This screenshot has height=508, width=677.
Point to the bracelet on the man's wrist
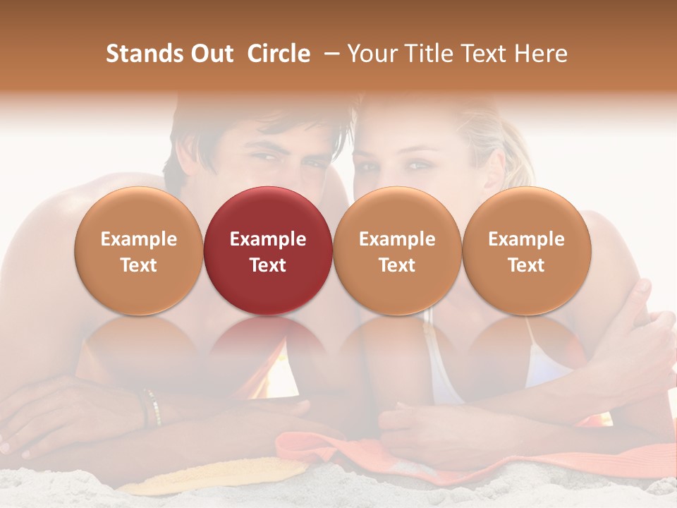pyautogui.click(x=151, y=407)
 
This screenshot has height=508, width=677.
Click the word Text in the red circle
pyautogui.click(x=268, y=265)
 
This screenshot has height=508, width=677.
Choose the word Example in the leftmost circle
pyautogui.click(x=139, y=239)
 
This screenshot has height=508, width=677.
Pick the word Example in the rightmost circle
pyautogui.click(x=526, y=239)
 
